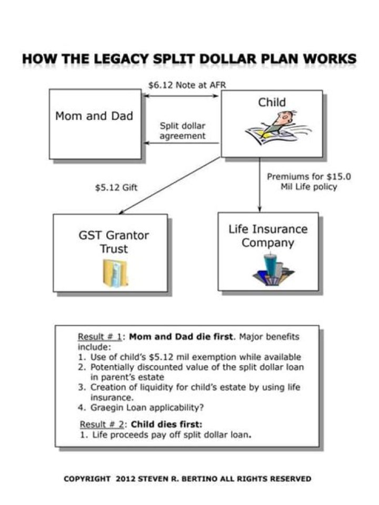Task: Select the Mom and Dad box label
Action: pyautogui.click(x=94, y=116)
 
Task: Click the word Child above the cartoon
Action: pyautogui.click(x=272, y=103)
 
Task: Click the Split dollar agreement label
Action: pyautogui.click(x=182, y=131)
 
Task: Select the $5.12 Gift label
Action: pyautogui.click(x=116, y=187)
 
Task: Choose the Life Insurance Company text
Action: pyautogui.click(x=267, y=236)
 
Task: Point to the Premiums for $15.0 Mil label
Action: pyautogui.click(x=308, y=181)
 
